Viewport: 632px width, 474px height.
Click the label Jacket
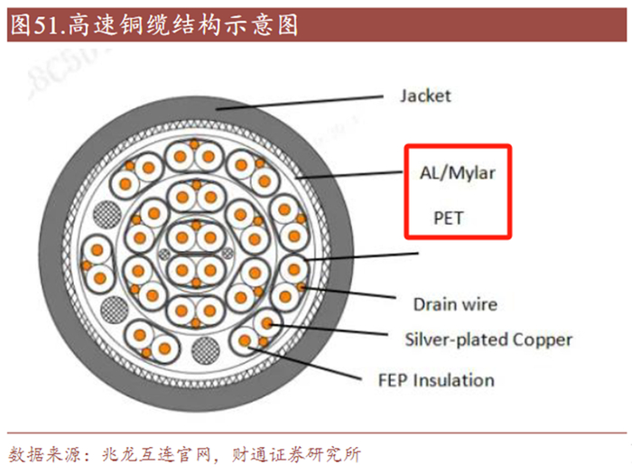point(424,95)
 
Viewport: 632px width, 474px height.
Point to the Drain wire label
point(455,304)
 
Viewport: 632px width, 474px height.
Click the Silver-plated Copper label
point(488,339)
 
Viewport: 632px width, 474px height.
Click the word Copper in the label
point(541,339)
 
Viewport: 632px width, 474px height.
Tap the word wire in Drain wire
point(479,304)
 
